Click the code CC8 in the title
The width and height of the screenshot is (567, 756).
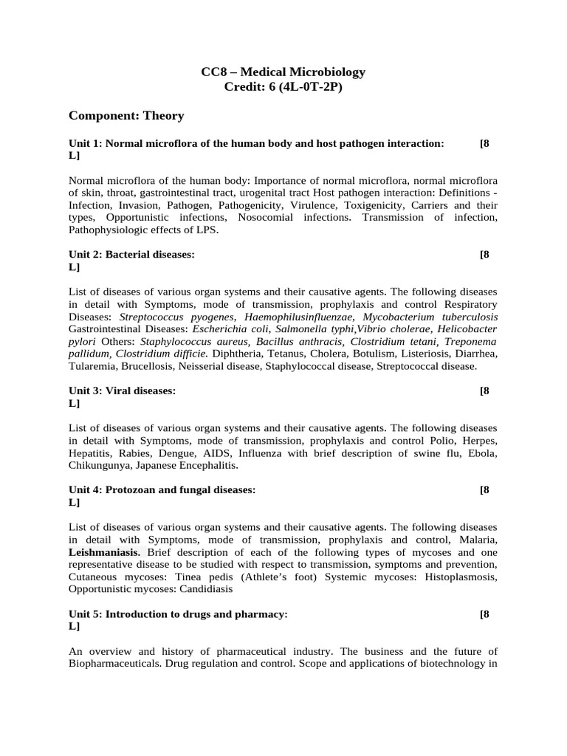click(213, 72)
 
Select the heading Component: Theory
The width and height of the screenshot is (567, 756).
click(126, 116)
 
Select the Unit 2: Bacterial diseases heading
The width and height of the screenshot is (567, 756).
click(131, 254)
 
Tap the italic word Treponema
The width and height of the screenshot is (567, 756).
click(470, 341)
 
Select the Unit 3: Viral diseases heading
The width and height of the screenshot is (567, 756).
click(123, 391)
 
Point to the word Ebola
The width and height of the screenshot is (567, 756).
click(482, 453)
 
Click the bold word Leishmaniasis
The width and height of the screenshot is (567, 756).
click(104, 552)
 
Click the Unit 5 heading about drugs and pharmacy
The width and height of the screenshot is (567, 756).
click(178, 614)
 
